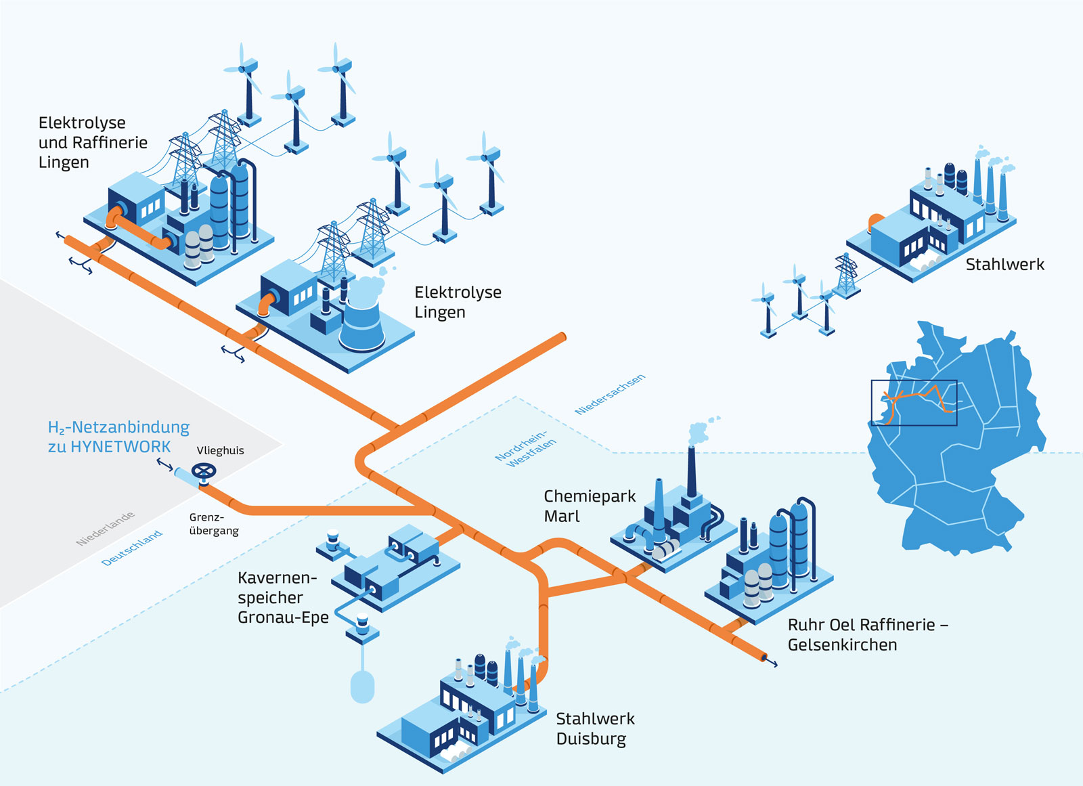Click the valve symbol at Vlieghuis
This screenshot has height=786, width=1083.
click(x=204, y=471)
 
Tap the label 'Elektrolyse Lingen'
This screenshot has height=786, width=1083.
click(x=458, y=302)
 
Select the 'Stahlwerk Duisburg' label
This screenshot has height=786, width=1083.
click(x=595, y=728)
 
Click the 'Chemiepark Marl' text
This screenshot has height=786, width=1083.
click(x=590, y=506)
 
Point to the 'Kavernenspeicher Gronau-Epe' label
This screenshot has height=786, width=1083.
click(x=282, y=597)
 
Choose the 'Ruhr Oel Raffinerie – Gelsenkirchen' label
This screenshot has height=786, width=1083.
click(x=867, y=634)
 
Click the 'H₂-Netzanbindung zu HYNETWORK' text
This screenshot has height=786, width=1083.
click(x=118, y=437)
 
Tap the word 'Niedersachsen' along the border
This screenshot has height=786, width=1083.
click(x=610, y=394)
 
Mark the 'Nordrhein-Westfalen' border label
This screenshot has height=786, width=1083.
click(x=526, y=449)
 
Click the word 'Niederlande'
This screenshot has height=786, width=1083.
click(x=105, y=529)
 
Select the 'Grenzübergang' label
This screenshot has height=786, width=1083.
click(x=214, y=524)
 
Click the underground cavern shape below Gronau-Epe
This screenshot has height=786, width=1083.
click(x=363, y=686)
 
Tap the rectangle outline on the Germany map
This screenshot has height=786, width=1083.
click(x=914, y=403)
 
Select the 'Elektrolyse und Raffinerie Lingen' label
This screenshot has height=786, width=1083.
click(x=93, y=142)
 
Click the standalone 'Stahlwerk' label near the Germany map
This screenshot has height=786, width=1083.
click(x=1004, y=264)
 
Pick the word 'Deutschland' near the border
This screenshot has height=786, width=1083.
click(x=132, y=548)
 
